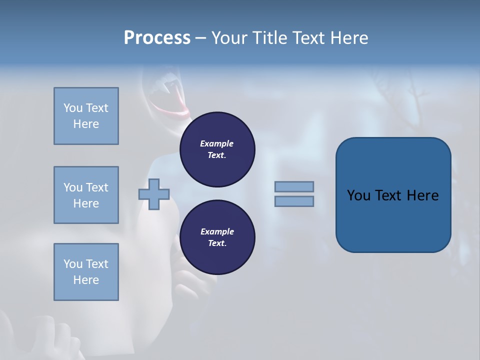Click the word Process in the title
pyautogui.click(x=157, y=37)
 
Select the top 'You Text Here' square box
pyautogui.click(x=86, y=116)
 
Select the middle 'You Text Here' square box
pyautogui.click(x=86, y=195)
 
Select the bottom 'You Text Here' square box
pyautogui.click(x=86, y=272)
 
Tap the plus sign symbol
pyautogui.click(x=154, y=194)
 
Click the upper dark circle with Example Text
pyautogui.click(x=217, y=149)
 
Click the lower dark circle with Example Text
pyautogui.click(x=217, y=237)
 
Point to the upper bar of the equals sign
pyautogui.click(x=294, y=186)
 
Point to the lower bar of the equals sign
pyautogui.click(x=294, y=201)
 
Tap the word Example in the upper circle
pyautogui.click(x=216, y=143)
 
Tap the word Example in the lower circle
pyautogui.click(x=217, y=231)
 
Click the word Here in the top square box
pyautogui.click(x=86, y=124)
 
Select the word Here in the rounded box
pyautogui.click(x=423, y=195)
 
